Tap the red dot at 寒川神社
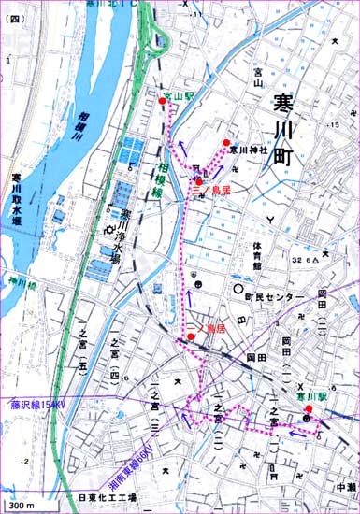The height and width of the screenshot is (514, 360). click(x=226, y=142)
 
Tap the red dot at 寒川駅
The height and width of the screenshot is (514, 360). click(x=308, y=408)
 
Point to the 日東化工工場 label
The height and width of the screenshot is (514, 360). click(x=107, y=498)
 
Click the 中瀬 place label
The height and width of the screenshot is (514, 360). click(x=344, y=486)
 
